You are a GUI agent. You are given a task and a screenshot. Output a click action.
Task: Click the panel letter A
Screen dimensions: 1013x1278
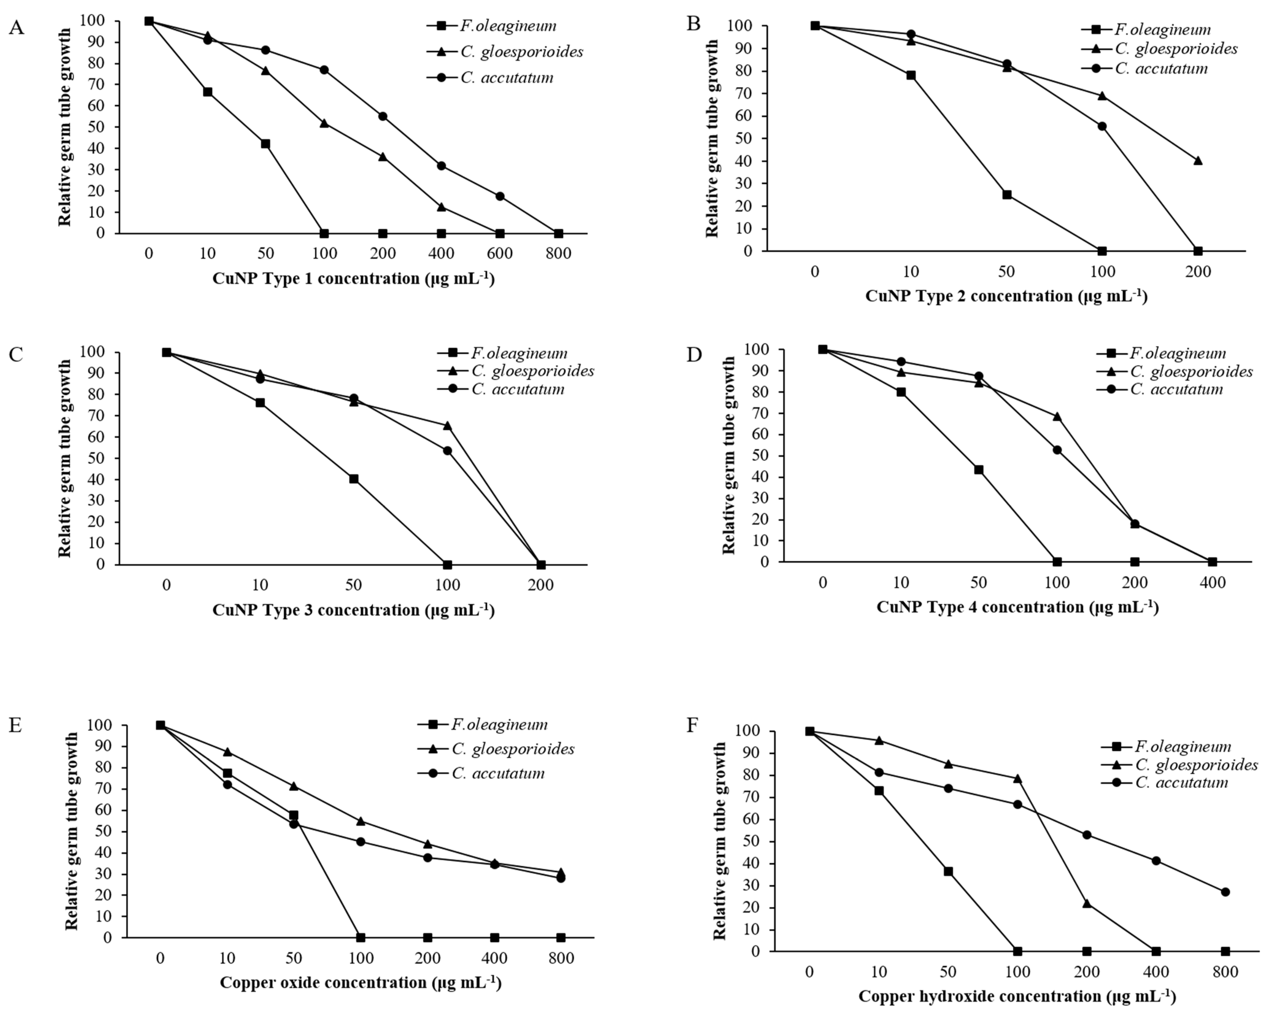pyautogui.click(x=17, y=28)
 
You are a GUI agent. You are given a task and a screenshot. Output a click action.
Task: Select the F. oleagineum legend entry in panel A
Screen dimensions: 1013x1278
pyautogui.click(x=492, y=26)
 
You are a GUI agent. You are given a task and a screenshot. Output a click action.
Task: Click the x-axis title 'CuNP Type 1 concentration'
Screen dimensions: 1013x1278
pyautogui.click(x=353, y=278)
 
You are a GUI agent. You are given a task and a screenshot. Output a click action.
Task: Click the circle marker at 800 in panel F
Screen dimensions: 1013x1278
pyautogui.click(x=1225, y=892)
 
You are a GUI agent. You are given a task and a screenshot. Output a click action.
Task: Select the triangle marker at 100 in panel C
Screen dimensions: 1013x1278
pyautogui.click(x=447, y=425)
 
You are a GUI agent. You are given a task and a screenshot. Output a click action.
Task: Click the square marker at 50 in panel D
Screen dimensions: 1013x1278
pyautogui.click(x=979, y=470)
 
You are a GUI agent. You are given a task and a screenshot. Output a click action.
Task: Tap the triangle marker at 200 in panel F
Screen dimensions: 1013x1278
pyautogui.click(x=1087, y=903)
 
